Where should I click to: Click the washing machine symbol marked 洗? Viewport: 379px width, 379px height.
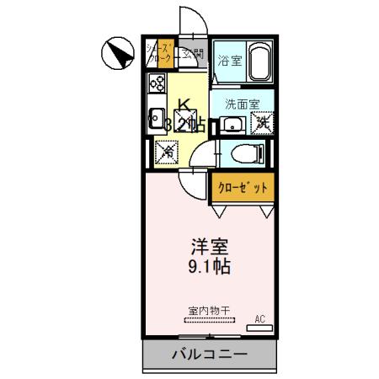(x=262, y=123)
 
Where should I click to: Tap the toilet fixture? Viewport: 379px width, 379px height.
(x=248, y=153)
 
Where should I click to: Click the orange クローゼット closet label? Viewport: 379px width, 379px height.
(x=243, y=187)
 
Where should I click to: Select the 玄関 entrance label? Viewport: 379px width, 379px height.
(x=194, y=55)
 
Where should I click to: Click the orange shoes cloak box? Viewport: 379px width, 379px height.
(x=160, y=53)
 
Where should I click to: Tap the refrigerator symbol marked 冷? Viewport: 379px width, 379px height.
(x=167, y=152)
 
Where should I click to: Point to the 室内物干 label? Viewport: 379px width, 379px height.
(x=207, y=311)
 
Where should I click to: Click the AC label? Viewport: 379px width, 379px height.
(x=259, y=318)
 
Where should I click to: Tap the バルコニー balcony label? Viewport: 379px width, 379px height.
(x=210, y=355)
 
